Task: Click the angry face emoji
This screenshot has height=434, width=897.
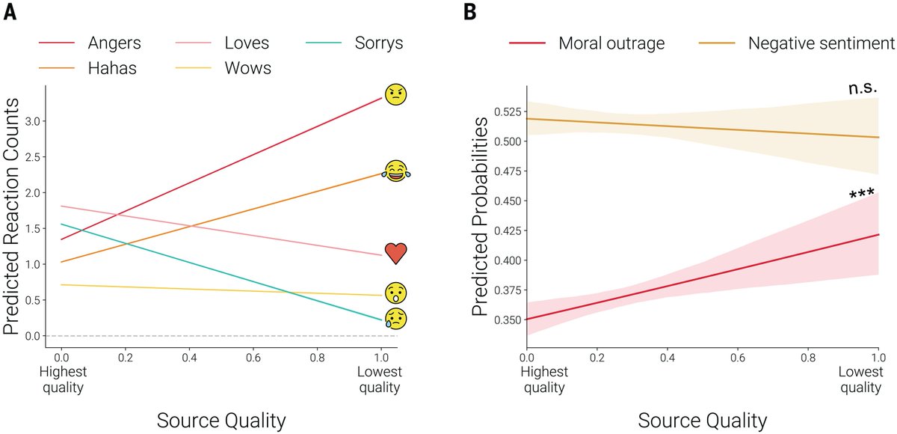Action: coord(395,95)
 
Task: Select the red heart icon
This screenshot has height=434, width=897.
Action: coord(396,254)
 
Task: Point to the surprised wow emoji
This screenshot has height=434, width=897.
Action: coord(396,293)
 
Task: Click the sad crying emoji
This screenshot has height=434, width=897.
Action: coord(396,317)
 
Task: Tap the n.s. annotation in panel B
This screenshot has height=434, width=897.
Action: coord(862,88)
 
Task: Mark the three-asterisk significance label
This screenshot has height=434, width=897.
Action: coord(862,195)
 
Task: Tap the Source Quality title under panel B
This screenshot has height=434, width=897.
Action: coord(703,420)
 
